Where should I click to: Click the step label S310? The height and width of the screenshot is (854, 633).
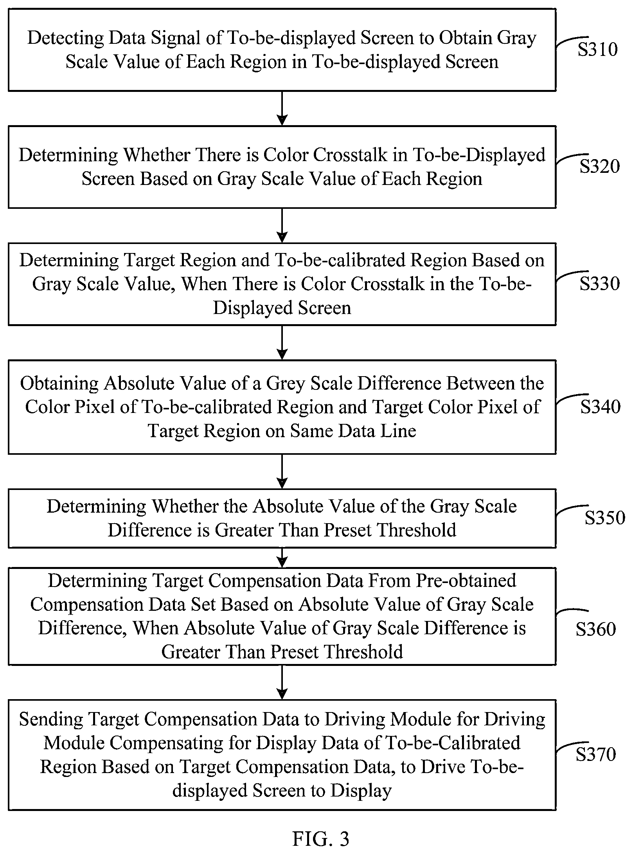598,50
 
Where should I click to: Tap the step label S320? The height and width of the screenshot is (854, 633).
600,166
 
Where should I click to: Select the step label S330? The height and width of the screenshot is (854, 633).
600,283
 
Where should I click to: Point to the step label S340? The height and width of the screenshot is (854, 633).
601,407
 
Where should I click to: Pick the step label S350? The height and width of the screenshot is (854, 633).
605,518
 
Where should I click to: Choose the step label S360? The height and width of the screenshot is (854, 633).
596,629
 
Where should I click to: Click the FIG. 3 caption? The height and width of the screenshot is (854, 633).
321,838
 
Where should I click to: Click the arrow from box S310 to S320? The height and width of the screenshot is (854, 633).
282,108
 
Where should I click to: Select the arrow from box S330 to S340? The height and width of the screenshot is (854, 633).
282,342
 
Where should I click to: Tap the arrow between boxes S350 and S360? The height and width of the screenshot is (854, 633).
282,557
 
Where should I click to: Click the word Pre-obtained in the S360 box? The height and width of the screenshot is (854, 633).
466,581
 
